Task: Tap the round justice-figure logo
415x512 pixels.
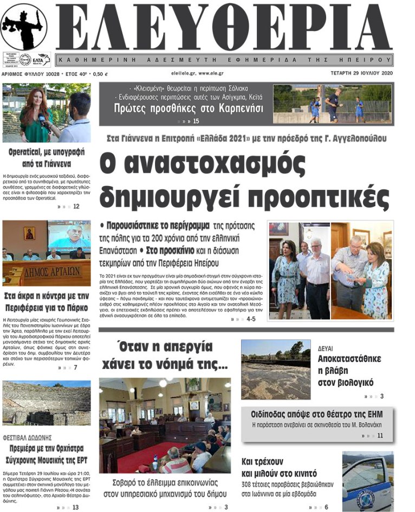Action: [23, 27]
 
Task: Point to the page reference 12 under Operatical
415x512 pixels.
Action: [76, 206]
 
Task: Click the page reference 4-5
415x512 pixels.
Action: [251, 319]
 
